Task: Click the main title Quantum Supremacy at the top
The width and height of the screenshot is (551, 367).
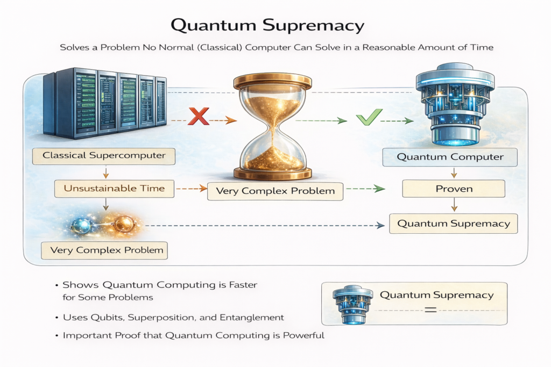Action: pyautogui.click(x=275, y=25)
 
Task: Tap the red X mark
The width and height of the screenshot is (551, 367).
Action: pyautogui.click(x=199, y=117)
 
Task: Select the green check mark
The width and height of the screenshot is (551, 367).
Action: pyautogui.click(x=370, y=117)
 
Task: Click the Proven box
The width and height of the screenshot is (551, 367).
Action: pyautogui.click(x=454, y=189)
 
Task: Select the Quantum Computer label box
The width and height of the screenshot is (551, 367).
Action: pyautogui.click(x=450, y=157)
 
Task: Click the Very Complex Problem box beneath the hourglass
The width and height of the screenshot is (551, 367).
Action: pyautogui.click(x=275, y=191)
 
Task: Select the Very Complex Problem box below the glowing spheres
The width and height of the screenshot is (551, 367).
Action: pyautogui.click(x=104, y=250)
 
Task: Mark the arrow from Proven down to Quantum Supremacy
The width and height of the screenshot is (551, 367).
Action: pyautogui.click(x=454, y=205)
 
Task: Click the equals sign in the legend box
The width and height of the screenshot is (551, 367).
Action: pyautogui.click(x=430, y=310)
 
